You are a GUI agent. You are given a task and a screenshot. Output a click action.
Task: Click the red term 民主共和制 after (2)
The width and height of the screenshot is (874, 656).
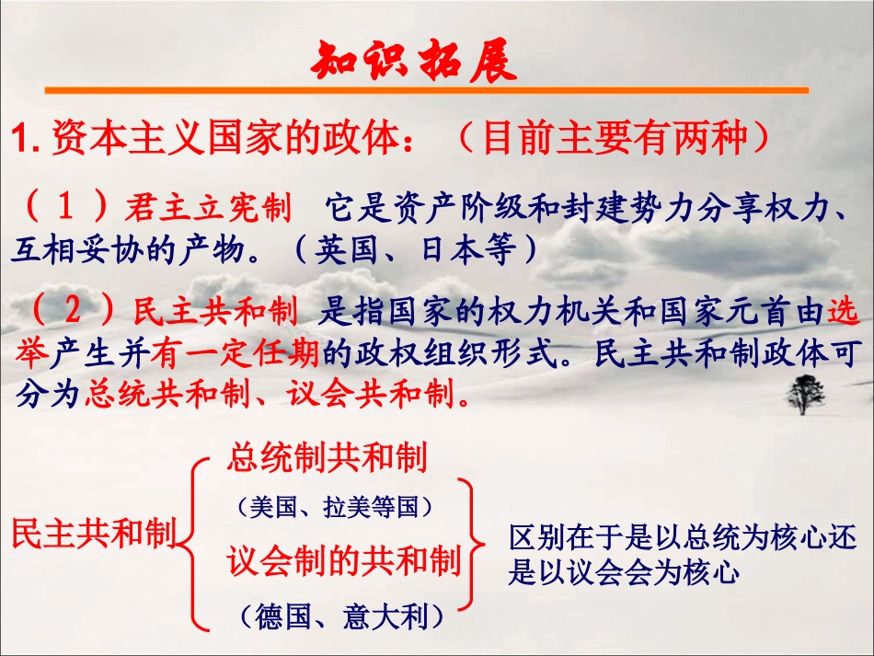click(216, 313)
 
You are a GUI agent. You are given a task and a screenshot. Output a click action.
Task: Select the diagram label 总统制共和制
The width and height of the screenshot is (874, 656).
click(327, 457)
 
